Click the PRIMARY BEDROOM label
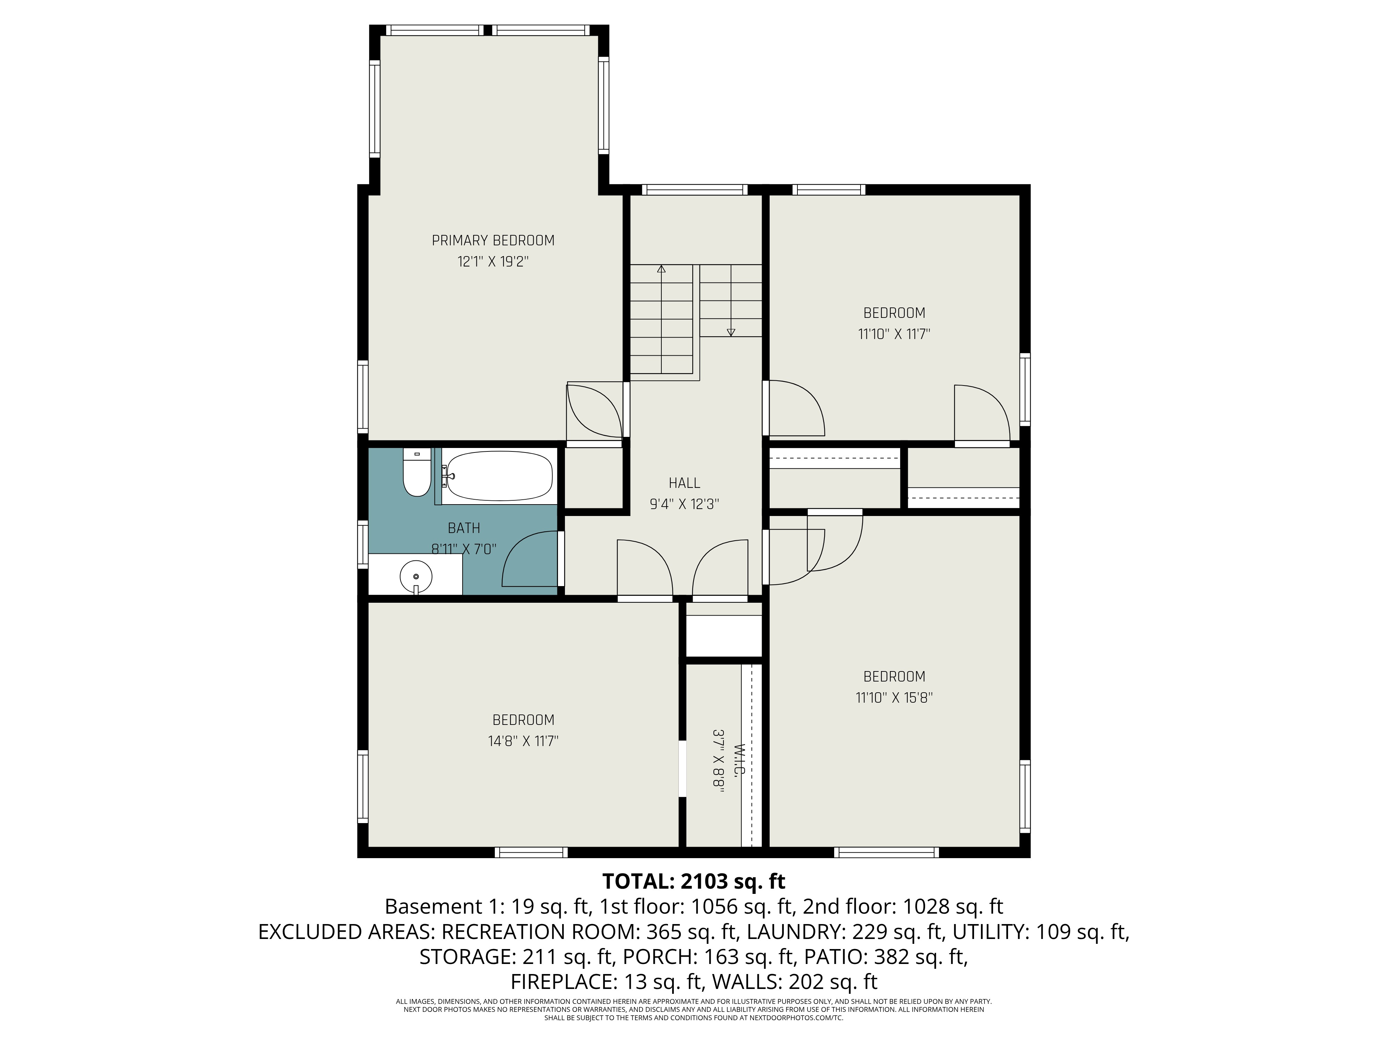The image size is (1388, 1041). (x=493, y=240)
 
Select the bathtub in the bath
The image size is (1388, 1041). (x=499, y=476)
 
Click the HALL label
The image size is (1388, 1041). (x=684, y=483)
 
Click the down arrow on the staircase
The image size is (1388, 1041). (x=731, y=332)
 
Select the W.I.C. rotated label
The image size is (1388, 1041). (x=738, y=761)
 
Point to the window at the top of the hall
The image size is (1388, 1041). (x=695, y=189)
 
